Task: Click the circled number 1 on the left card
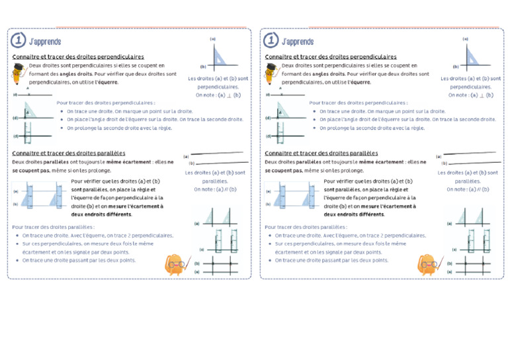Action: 19,41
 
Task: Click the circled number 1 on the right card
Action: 271,41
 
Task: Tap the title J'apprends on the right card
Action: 298,42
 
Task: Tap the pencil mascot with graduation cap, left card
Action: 20,74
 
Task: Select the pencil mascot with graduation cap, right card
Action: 273,74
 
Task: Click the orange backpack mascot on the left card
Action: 177,264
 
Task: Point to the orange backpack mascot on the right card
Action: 429,264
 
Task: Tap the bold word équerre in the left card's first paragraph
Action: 108,83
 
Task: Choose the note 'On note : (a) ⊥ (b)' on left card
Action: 218,95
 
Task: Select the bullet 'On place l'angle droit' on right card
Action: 407,120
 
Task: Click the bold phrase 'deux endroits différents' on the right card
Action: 354,214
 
